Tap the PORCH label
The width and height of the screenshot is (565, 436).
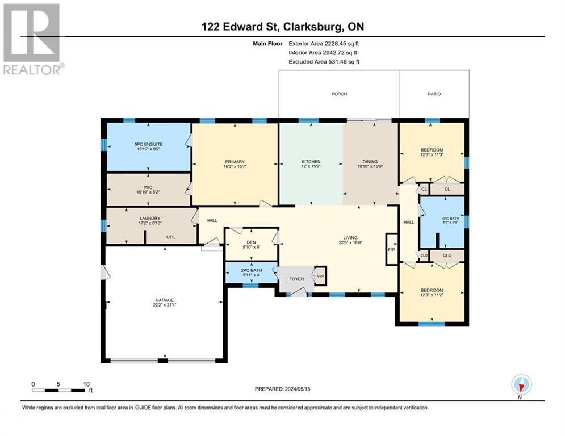[339, 94]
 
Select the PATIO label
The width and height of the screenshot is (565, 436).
[434, 94]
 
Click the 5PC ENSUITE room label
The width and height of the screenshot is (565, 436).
[148, 144]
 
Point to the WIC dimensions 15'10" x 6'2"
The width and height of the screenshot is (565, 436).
[148, 192]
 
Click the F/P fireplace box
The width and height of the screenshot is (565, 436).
[391, 249]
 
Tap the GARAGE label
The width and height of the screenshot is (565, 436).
[165, 300]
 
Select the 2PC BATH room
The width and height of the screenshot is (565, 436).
[252, 272]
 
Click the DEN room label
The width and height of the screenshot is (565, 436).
[252, 242]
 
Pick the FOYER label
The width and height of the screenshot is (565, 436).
[296, 279]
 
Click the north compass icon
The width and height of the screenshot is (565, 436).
[521, 384]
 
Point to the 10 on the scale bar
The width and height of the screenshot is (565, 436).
[86, 384]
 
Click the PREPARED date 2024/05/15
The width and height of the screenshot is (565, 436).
[298, 389]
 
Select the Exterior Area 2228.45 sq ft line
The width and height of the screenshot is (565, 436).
[324, 44]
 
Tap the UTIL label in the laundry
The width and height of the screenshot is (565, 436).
[171, 237]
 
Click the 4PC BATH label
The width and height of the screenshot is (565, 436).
[450, 219]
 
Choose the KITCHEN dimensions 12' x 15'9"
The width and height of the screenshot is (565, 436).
[311, 166]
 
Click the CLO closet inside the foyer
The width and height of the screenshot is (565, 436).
[320, 276]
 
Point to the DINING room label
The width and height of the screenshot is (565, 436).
[370, 162]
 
